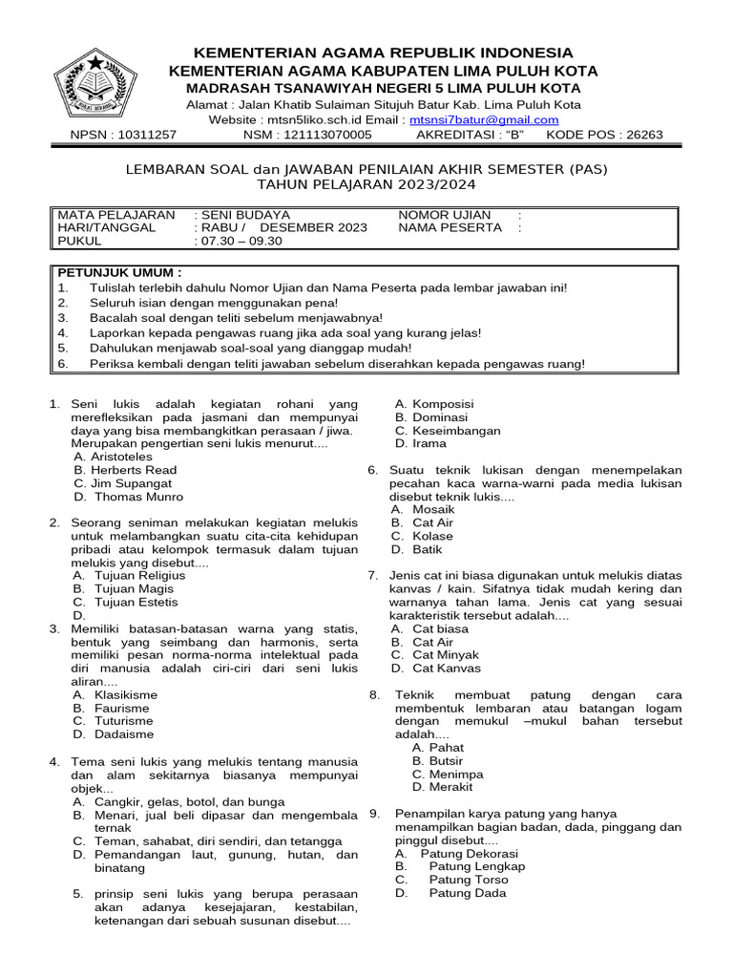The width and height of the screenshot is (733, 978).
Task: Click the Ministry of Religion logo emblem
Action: (x=96, y=85)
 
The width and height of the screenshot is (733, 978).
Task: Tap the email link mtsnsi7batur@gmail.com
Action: (x=484, y=119)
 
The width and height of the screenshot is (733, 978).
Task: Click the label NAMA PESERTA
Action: (x=450, y=228)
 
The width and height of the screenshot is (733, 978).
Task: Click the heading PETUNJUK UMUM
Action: (x=119, y=272)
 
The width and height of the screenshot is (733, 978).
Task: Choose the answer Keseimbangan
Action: (x=456, y=431)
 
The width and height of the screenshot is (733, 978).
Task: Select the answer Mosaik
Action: (x=433, y=510)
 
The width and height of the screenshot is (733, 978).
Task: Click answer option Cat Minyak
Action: (x=446, y=655)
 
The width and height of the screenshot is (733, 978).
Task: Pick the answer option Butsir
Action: (x=446, y=761)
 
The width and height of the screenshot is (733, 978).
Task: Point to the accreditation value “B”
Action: (x=515, y=135)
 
